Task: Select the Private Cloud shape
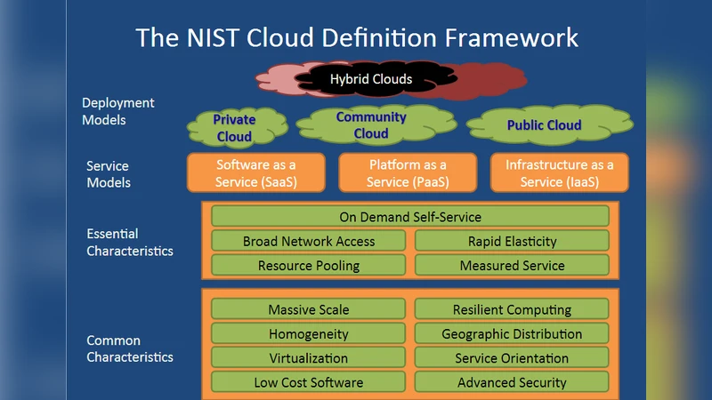point(234,128)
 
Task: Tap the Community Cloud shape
point(371,125)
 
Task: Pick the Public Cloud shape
point(544,125)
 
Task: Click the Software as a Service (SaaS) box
point(255,172)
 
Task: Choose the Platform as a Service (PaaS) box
point(408,172)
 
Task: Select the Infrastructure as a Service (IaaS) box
point(559,172)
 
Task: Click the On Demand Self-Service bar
point(410,217)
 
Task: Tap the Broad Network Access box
point(309,241)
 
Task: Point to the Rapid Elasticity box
point(512,241)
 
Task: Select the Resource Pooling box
point(309,265)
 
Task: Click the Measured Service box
point(512,265)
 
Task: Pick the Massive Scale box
point(309,309)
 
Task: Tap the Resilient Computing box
point(512,309)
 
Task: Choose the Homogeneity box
point(309,334)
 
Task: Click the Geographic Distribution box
point(512,334)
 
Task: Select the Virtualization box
point(309,358)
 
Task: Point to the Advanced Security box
point(512,382)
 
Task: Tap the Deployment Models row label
point(117,111)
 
